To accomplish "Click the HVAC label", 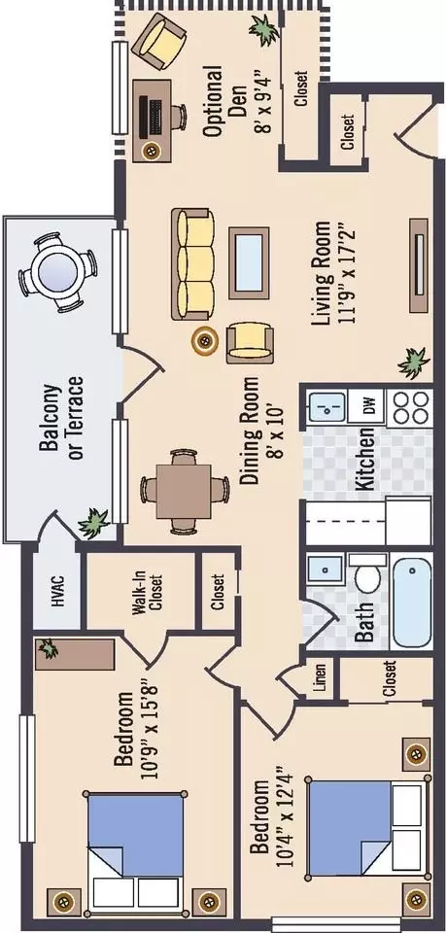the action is tap(57, 591).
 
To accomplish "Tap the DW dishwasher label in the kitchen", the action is tap(368, 407).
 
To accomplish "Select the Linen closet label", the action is tap(320, 678).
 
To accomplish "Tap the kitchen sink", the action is tap(326, 407).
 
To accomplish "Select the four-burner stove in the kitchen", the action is tap(410, 407).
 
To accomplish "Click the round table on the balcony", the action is tap(57, 273).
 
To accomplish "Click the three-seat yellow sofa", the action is tap(193, 264).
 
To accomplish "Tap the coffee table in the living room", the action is tap(249, 262).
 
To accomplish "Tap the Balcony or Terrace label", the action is tap(62, 418).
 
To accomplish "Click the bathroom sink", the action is tap(326, 570).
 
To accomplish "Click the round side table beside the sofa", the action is tap(205, 340).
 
